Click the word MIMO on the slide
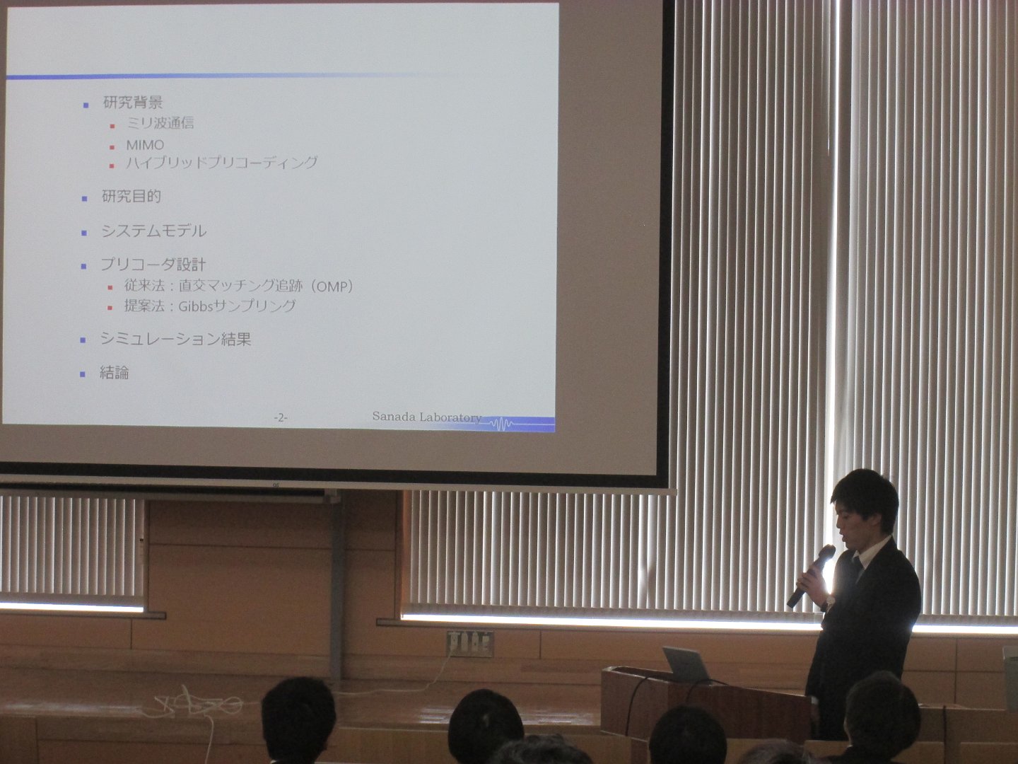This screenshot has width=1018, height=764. click(145, 145)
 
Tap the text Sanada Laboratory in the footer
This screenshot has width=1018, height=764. click(427, 417)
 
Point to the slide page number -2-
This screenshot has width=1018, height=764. click(281, 418)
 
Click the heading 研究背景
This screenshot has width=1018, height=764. click(133, 103)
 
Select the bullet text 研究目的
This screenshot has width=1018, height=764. click(131, 197)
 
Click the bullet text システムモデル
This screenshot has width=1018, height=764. click(153, 231)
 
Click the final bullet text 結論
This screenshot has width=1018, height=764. click(114, 373)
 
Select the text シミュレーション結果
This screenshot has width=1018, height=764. click(175, 339)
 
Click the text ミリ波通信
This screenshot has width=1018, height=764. click(160, 123)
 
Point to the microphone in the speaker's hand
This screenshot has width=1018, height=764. click(811, 576)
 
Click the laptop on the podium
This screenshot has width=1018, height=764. click(686, 665)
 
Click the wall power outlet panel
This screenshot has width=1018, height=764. click(470, 644)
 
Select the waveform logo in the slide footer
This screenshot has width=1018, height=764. click(501, 424)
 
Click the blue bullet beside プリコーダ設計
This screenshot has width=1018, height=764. click(84, 266)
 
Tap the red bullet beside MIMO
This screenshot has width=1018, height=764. click(112, 148)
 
